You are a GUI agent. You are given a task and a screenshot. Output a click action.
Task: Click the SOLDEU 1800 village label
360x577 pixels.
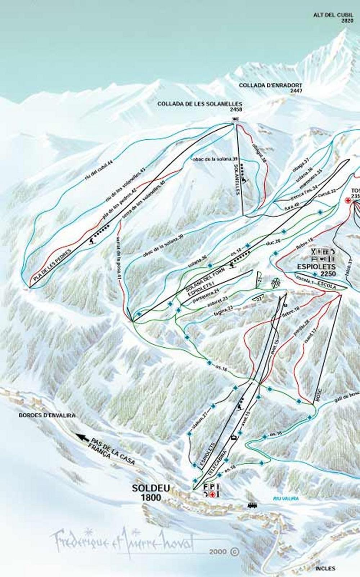click(x=146, y=493)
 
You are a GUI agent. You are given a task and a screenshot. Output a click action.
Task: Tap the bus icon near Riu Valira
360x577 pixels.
click(x=252, y=506)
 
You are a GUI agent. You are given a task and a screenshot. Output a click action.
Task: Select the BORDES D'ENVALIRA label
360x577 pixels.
click(x=47, y=415)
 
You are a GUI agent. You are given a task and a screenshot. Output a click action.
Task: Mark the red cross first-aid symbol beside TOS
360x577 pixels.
click(x=348, y=200)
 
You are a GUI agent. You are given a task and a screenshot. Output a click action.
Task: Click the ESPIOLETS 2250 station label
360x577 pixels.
click(x=316, y=270)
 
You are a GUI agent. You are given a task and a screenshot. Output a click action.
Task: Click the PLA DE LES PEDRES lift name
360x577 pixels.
click(x=52, y=265)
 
